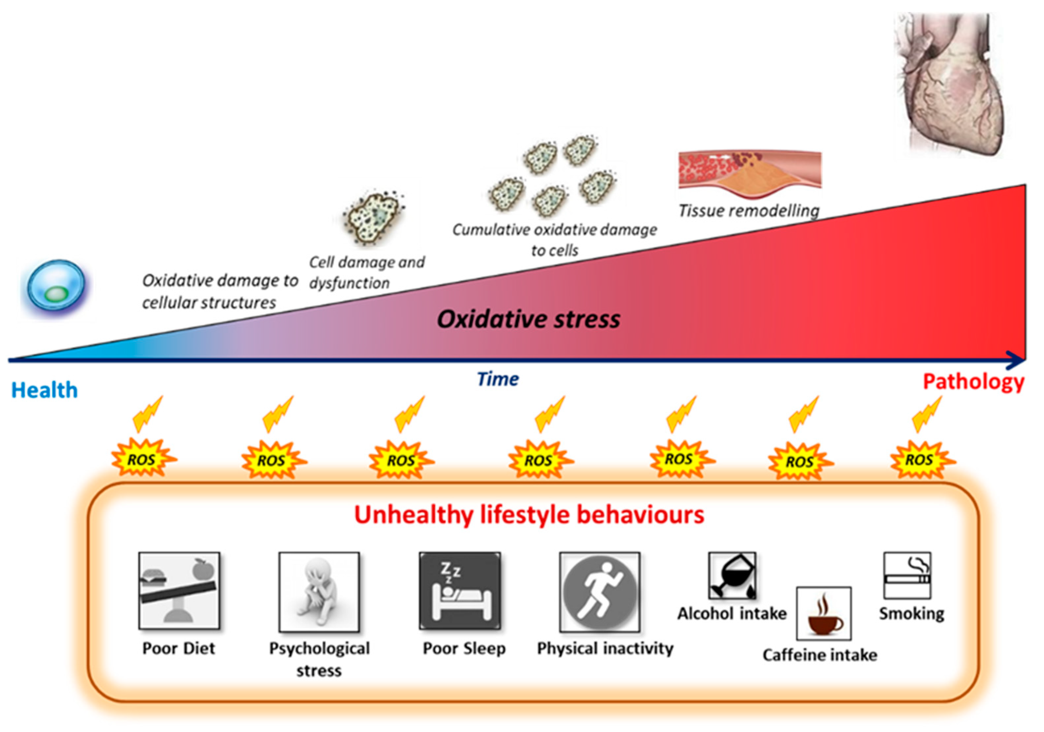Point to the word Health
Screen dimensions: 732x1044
tap(44, 390)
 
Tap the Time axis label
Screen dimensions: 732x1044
tap(498, 379)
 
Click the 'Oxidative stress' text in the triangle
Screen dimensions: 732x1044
tap(528, 319)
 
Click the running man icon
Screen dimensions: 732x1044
tap(600, 592)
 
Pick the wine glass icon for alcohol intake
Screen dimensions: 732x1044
tap(732, 576)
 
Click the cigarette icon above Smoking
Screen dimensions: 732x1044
tap(907, 575)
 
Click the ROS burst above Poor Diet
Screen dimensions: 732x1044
tap(142, 459)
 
